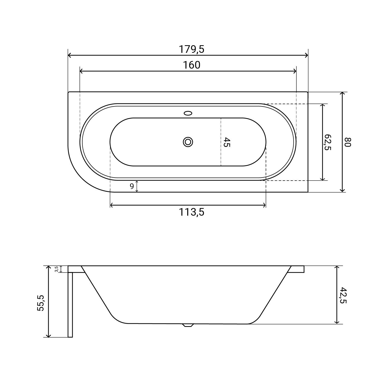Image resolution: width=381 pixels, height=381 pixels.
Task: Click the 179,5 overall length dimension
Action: pos(192,49)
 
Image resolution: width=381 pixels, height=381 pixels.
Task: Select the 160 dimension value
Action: pos(192,65)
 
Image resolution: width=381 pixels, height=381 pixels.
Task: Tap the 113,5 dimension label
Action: pos(192,212)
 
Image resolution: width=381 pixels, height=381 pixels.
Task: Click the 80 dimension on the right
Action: pos(347,142)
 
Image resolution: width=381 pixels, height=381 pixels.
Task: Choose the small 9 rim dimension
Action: pos(132,186)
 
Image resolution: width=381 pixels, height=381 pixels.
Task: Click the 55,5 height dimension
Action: pos(41,303)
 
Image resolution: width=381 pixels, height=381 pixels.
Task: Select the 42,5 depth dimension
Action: pos(343,295)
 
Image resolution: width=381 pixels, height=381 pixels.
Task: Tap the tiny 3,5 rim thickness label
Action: pos(57,269)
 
